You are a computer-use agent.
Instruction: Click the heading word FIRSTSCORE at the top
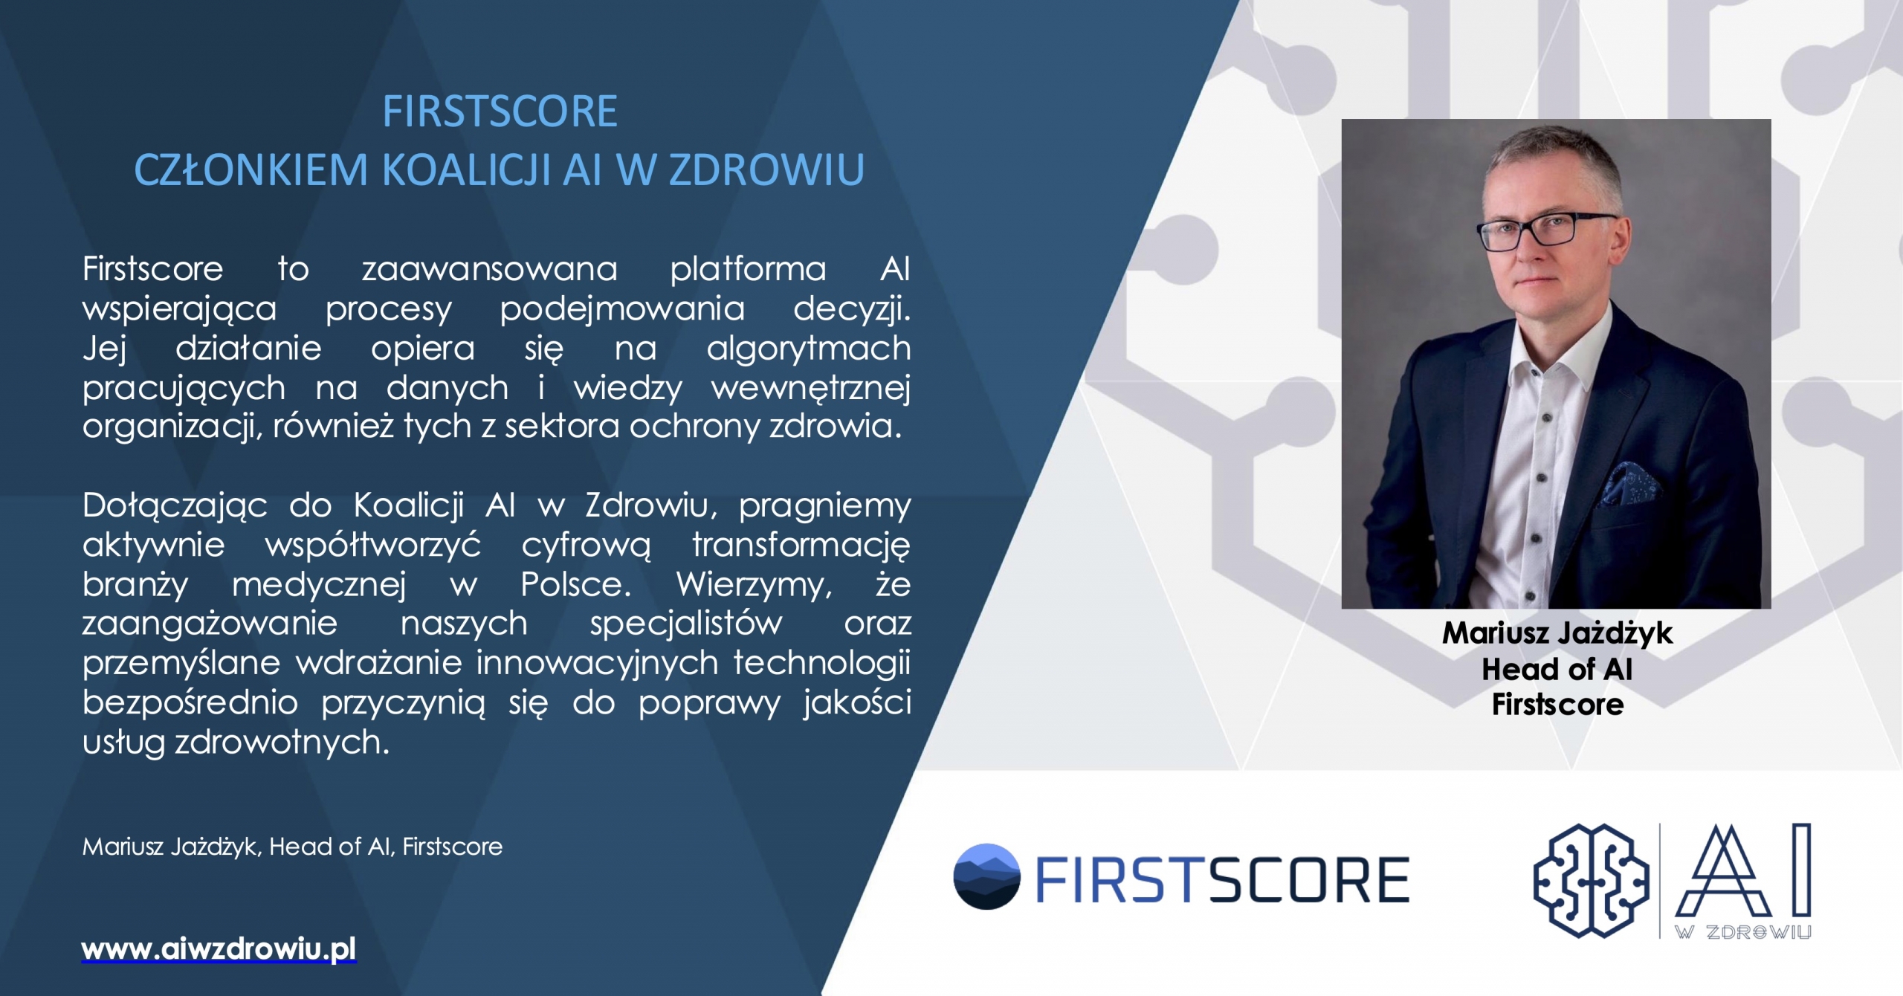(x=500, y=111)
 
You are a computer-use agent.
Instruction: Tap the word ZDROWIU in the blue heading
(x=766, y=169)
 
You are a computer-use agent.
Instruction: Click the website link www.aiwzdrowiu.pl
(x=219, y=949)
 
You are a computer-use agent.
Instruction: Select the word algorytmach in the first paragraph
(x=809, y=349)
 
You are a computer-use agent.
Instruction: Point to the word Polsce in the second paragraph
(x=575, y=584)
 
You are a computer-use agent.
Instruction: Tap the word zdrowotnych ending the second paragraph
(x=282, y=742)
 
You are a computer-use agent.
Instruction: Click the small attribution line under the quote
(x=292, y=847)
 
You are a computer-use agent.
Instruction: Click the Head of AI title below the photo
(x=1557, y=669)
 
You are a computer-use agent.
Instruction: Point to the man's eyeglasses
(x=1546, y=231)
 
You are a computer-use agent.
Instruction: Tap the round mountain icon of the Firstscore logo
(x=986, y=876)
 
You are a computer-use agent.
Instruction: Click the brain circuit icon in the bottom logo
(x=1592, y=880)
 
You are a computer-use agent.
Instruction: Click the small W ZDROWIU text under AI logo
(x=1743, y=932)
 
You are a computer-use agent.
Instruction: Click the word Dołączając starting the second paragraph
(x=175, y=506)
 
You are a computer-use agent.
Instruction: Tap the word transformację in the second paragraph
(x=801, y=546)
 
